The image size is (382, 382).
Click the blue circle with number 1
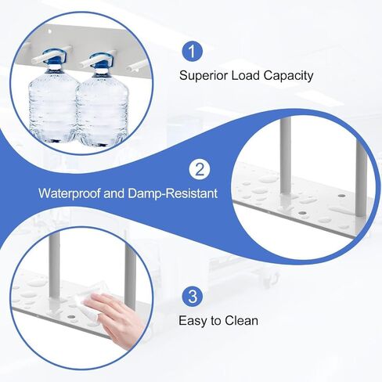click(192, 52)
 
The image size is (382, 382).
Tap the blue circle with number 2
click(199, 169)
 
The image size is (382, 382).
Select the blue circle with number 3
click(192, 297)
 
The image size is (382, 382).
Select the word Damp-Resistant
click(174, 193)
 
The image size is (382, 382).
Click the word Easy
click(195, 320)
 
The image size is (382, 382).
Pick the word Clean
click(242, 320)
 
